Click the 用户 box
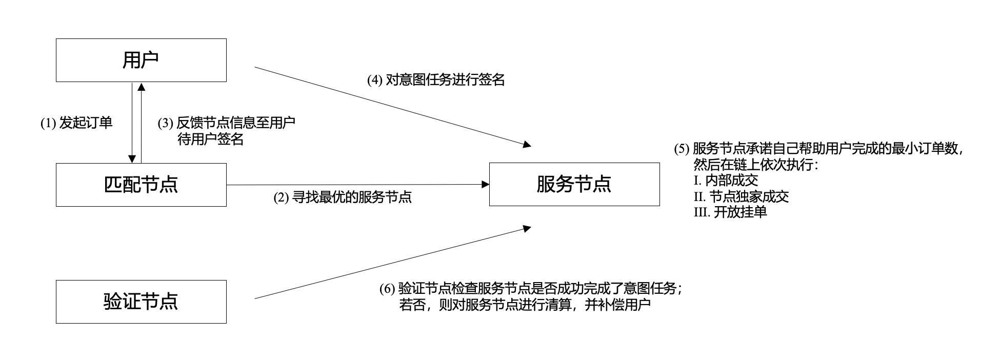(x=141, y=60)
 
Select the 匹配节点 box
(x=141, y=185)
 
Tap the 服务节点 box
(x=574, y=184)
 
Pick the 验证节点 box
(x=141, y=302)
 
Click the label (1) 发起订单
(x=76, y=123)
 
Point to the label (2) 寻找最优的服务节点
(x=343, y=197)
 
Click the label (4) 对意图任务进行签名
(x=436, y=80)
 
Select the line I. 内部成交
(x=726, y=181)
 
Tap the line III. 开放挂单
(x=730, y=212)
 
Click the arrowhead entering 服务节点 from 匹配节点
(x=485, y=184)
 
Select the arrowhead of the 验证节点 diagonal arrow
(x=527, y=228)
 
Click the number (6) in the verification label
(x=387, y=289)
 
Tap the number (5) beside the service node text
(x=682, y=149)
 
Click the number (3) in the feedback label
(x=165, y=123)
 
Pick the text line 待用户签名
(x=210, y=139)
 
